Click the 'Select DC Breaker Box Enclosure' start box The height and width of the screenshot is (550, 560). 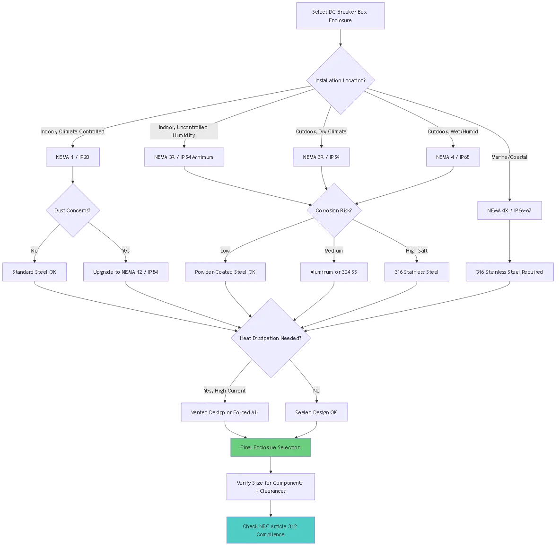click(x=340, y=16)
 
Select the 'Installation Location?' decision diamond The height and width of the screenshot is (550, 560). click(x=340, y=80)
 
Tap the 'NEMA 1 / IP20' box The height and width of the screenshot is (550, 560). click(x=73, y=157)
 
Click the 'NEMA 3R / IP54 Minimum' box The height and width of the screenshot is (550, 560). click(x=184, y=157)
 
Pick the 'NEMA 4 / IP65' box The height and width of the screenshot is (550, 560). click(x=453, y=157)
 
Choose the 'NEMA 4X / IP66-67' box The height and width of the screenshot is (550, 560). click(x=509, y=210)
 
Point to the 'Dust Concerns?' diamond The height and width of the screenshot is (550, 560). click(x=73, y=210)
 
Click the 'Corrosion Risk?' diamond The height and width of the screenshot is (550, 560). click(x=334, y=210)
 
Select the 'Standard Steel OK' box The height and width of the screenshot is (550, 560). click(x=35, y=272)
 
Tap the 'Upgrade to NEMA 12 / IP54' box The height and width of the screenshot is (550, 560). click(x=126, y=272)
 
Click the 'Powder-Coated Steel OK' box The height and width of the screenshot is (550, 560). click(x=225, y=272)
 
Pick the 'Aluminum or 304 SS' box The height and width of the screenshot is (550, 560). click(x=334, y=272)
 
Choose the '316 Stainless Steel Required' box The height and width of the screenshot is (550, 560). click(x=509, y=272)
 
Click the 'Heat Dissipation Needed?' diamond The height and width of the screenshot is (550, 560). click(x=271, y=338)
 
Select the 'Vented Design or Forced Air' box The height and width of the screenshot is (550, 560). click(x=225, y=412)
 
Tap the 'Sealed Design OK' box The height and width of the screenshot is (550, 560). click(x=316, y=412)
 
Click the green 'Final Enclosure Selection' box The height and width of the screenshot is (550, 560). click(x=271, y=447)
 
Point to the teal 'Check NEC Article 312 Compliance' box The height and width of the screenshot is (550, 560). click(x=271, y=530)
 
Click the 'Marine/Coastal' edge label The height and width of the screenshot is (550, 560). click(x=509, y=157)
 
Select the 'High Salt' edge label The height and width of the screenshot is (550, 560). click(x=417, y=251)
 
